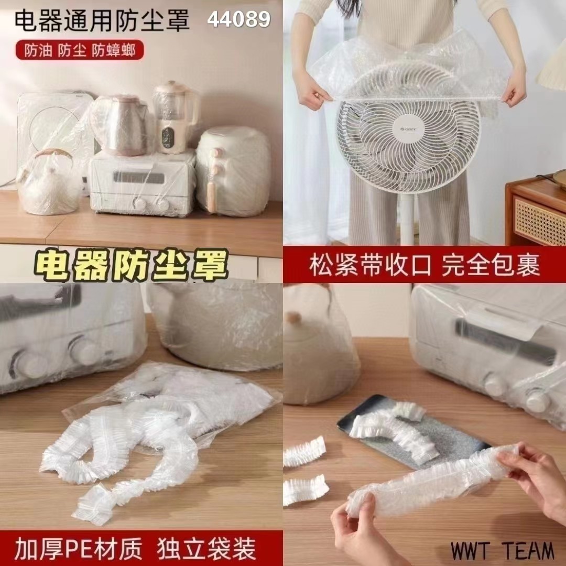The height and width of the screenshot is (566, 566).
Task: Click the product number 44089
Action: point(238,19)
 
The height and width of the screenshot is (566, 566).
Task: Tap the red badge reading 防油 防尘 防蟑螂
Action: point(80,50)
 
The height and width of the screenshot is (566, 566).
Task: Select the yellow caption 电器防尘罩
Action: point(132,265)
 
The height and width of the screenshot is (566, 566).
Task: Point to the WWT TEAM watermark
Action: point(502,551)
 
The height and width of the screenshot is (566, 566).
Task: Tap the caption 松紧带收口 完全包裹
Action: point(424,265)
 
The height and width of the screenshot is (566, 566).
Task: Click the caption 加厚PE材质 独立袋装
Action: point(135,549)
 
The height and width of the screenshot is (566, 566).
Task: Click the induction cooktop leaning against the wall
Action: point(54,137)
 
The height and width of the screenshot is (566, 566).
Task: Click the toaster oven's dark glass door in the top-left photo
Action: point(139,177)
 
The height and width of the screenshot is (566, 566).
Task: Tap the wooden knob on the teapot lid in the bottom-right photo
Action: point(293,317)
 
